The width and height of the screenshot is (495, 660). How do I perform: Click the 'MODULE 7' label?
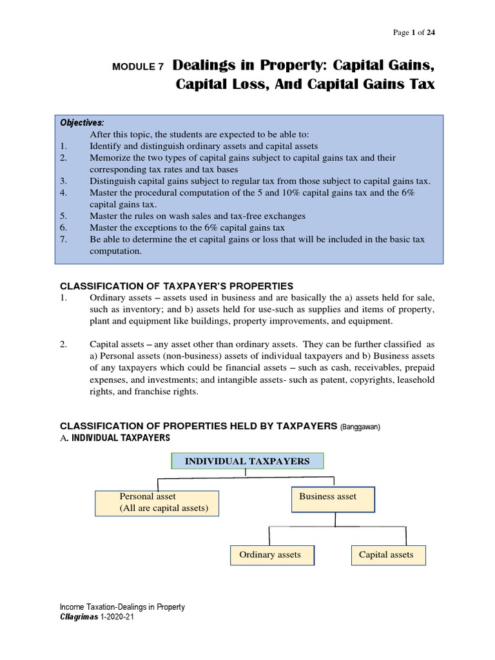138,66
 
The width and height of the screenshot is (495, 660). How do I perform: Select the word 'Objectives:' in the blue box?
82,123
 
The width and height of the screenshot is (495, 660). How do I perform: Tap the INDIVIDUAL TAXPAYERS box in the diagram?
247,461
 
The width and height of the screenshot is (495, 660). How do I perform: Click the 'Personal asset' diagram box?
157,503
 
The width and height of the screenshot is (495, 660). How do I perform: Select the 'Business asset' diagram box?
333,499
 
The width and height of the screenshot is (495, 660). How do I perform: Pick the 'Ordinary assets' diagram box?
272,555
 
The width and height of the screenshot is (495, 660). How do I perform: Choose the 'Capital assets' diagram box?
386,555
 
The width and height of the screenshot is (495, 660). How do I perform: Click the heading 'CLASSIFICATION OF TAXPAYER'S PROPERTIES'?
177,286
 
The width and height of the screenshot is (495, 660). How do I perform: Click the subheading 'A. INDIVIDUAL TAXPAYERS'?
115,438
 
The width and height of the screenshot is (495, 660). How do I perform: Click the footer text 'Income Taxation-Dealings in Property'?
122,607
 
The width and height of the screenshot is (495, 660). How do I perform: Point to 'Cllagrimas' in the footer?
79,617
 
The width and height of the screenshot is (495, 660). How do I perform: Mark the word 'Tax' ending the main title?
420,85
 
